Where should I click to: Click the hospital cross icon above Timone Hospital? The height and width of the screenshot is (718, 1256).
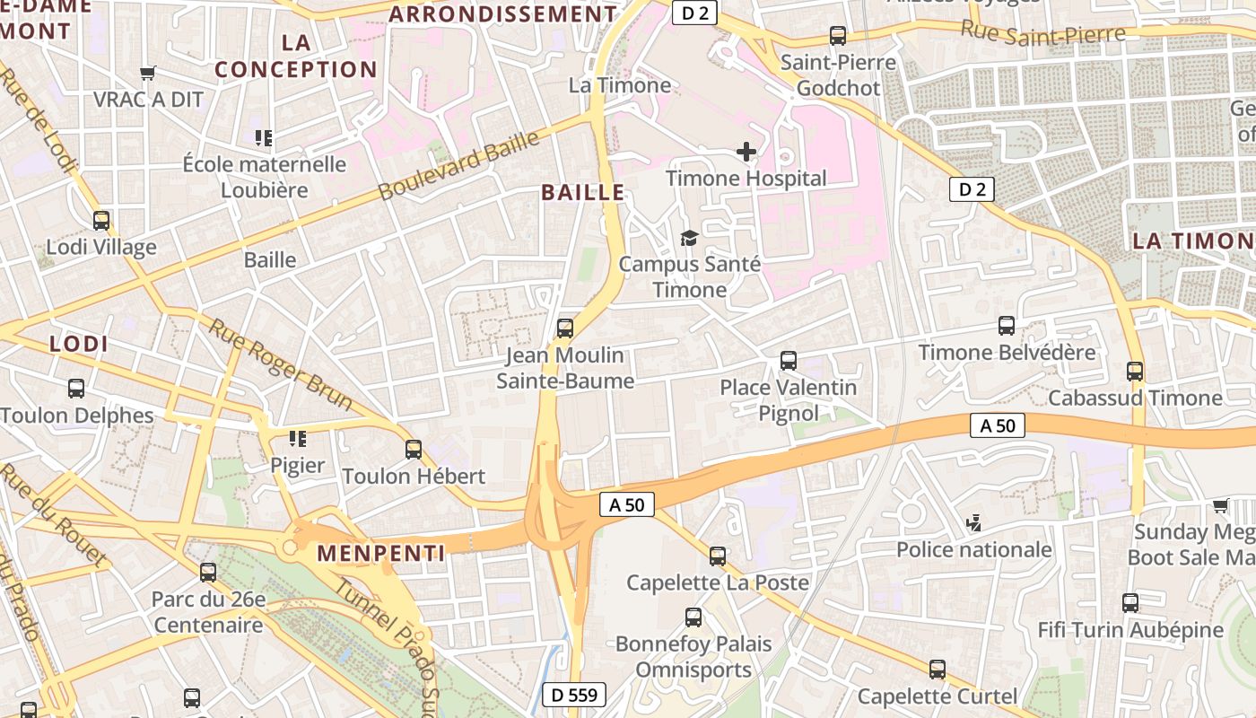click(x=746, y=152)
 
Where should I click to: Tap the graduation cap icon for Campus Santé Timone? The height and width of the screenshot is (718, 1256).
click(x=689, y=238)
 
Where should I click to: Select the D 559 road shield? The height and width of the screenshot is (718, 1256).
click(x=575, y=694)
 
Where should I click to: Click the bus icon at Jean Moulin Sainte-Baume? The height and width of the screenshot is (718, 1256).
click(x=565, y=328)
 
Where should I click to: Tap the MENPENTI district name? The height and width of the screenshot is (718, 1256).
click(x=381, y=553)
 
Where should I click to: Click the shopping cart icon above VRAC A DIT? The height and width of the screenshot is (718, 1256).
click(x=148, y=73)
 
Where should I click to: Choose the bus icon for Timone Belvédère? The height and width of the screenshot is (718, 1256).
click(x=1007, y=326)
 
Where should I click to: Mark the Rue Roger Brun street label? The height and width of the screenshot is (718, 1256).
click(x=281, y=363)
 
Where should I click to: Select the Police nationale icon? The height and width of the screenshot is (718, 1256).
click(x=974, y=521)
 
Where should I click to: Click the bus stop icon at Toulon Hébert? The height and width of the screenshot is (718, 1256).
click(x=414, y=450)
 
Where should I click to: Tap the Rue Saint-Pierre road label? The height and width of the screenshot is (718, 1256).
click(x=1042, y=32)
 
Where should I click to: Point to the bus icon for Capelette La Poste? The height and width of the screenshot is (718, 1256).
click(x=718, y=556)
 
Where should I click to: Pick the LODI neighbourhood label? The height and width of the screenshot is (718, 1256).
click(x=79, y=344)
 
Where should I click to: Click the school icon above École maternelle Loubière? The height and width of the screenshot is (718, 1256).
click(x=264, y=138)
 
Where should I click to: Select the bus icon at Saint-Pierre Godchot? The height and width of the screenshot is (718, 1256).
click(x=838, y=36)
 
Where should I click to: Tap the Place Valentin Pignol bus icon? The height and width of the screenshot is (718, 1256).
click(x=789, y=361)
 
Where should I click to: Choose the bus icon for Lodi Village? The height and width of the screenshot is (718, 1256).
click(x=101, y=221)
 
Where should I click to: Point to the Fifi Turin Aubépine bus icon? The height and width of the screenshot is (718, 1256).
click(x=1130, y=603)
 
